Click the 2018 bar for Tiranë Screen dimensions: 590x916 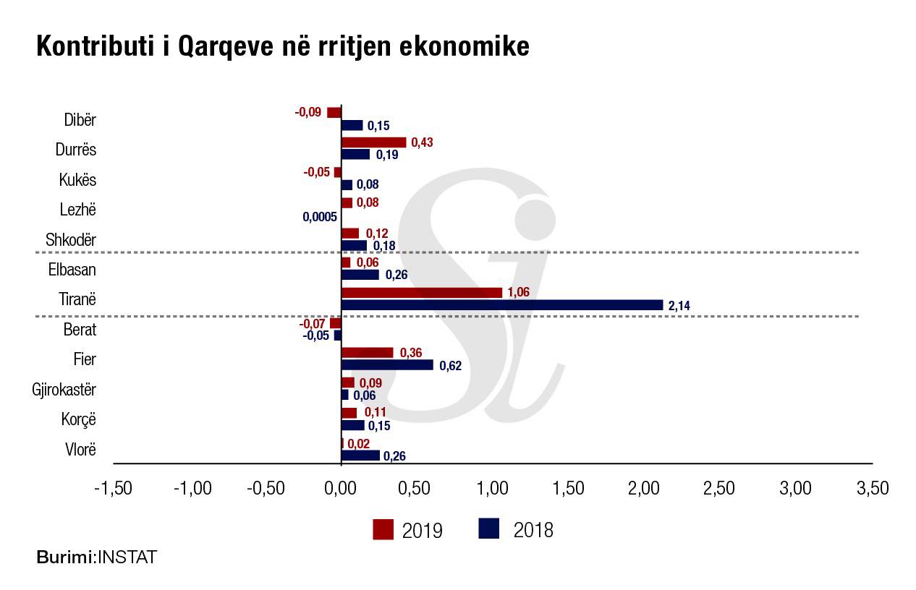501,305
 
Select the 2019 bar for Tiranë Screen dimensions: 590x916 421,293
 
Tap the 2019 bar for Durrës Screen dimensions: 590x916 373,142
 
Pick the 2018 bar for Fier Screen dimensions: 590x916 387,365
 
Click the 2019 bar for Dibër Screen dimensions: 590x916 334,113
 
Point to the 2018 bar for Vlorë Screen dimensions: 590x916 360,456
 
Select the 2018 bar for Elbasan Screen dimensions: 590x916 360,275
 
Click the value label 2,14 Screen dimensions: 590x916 679,306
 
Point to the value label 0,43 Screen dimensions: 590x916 422,142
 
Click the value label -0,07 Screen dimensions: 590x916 313,323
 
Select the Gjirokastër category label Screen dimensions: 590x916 64,390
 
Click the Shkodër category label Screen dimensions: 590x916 70,239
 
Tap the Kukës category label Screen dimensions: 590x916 77,179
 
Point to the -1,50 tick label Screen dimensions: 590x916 114,489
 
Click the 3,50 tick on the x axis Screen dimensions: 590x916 872,489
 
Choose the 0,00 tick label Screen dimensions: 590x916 341,489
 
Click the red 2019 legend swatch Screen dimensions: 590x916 383,529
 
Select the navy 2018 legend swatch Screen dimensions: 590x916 489,529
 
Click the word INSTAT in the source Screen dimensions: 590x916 127,557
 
